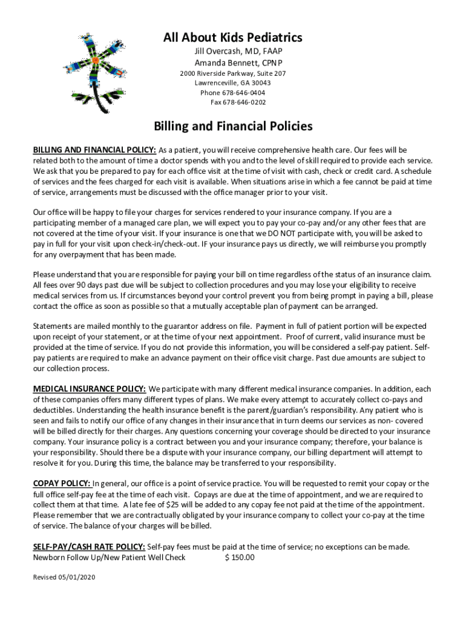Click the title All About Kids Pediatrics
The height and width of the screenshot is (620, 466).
tap(232, 38)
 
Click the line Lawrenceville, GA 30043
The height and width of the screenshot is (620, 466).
tap(232, 83)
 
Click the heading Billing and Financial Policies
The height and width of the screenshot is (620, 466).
tap(233, 127)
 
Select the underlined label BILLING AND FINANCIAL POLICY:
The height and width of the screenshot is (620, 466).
tap(94, 150)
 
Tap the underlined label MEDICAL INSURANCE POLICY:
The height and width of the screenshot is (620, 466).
tap(89, 389)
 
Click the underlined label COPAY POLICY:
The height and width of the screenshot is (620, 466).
tap(62, 483)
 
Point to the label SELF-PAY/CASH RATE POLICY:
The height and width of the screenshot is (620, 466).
tap(89, 547)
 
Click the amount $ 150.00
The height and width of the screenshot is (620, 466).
tap(240, 557)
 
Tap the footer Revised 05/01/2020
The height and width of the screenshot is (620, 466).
tap(64, 577)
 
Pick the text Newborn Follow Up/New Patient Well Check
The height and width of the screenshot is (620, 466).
tap(109, 557)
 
